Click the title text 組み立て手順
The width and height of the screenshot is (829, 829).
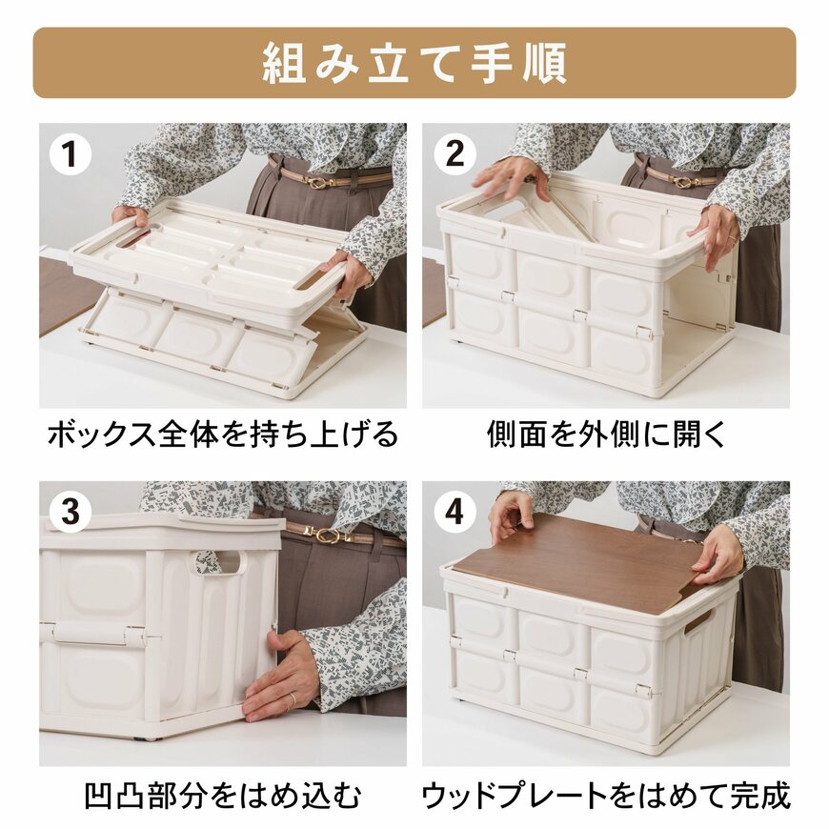[414, 63]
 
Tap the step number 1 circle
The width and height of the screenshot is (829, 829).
[70, 153]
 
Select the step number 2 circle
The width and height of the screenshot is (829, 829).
[455, 153]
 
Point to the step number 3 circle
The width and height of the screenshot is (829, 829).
[70, 512]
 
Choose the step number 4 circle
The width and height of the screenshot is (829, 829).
[455, 512]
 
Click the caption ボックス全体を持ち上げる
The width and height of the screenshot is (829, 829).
[223, 435]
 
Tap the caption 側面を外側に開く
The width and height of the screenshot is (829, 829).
[606, 435]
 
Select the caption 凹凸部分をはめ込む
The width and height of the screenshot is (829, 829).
[223, 795]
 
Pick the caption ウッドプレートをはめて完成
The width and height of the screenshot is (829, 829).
[606, 795]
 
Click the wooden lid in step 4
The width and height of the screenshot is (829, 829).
[591, 562]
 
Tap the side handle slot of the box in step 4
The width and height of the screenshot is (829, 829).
[698, 621]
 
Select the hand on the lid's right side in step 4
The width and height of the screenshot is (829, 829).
[719, 553]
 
